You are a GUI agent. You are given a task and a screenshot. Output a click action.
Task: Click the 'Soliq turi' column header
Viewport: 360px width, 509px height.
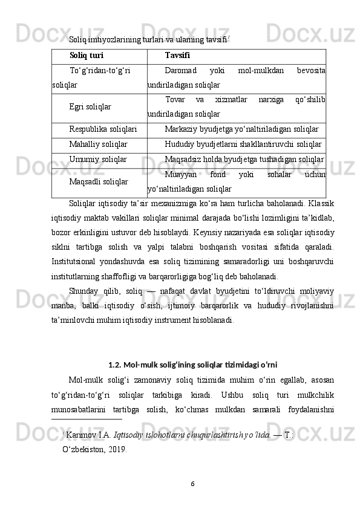tap(87, 56)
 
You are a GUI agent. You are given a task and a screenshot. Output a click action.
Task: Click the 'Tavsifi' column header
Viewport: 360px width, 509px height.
tap(177, 56)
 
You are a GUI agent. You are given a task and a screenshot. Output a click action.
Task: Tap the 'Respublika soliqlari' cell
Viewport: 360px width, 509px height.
tap(103, 129)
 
